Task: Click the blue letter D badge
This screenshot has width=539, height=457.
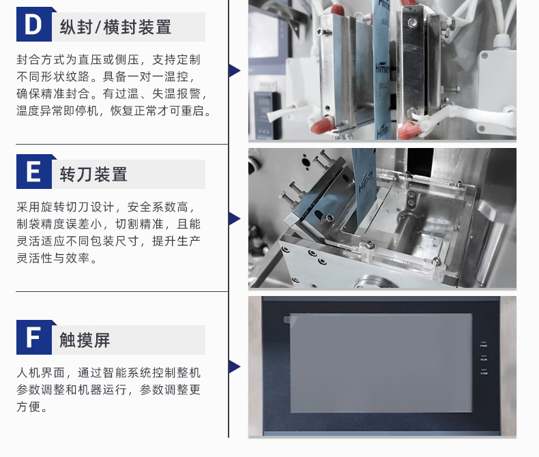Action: coord(34,24)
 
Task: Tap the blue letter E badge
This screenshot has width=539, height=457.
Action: coord(34,171)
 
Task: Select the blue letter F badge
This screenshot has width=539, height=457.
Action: coord(34,337)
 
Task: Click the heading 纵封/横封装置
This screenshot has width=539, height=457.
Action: coord(115,27)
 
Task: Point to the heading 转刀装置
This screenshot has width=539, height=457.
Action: coord(93,174)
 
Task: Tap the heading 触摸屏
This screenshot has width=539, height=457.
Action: coord(85,340)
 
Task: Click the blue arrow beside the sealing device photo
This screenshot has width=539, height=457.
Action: coord(235,70)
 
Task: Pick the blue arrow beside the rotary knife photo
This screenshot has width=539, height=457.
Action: coord(235,218)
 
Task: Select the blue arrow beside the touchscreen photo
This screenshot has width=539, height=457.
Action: coord(235,367)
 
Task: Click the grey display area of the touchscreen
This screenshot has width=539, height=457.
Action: coord(381,363)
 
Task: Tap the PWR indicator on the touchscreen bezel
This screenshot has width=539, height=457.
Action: coord(484,344)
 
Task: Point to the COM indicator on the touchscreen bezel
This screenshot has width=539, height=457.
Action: coord(484,372)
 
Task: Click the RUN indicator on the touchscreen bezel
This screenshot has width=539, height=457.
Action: coord(484,357)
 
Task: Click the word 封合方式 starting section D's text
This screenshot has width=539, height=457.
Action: coord(41,59)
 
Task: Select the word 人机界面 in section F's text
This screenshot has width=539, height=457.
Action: coord(41,372)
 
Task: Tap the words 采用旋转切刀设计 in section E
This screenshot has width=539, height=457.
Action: coord(65,207)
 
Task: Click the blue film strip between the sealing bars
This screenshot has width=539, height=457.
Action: coord(381,69)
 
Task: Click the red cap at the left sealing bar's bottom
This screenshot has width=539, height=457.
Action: coord(323,125)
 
